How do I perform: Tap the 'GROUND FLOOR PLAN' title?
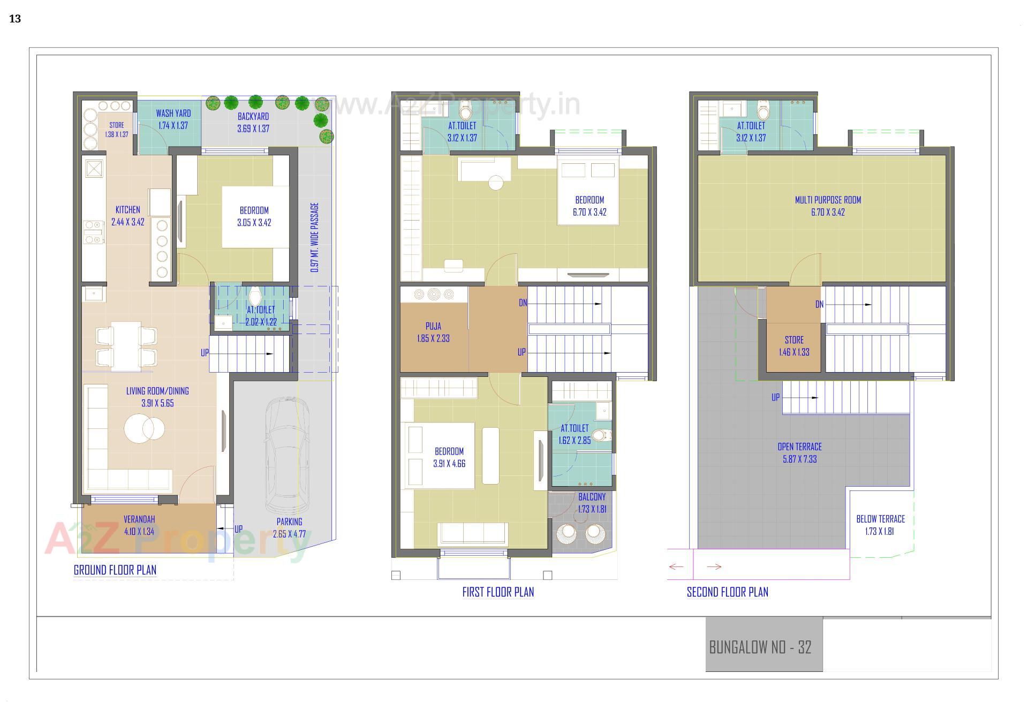coord(115,570)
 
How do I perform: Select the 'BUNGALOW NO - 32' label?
coord(760,647)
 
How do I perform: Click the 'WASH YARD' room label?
coord(173,114)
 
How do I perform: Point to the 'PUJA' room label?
coord(433,326)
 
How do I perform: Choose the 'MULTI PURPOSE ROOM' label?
coord(828,200)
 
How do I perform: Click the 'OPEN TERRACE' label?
coord(799,447)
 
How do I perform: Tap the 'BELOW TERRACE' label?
coord(880,519)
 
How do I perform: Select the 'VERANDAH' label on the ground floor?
coord(139,519)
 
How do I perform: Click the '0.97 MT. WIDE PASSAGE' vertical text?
coord(315,237)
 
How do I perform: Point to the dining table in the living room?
coord(126,345)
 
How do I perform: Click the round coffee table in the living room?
coord(144,429)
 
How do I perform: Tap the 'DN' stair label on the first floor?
coord(523,303)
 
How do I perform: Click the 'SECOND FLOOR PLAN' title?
coord(727,592)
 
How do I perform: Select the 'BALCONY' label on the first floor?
coord(592,497)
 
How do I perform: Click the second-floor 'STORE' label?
coord(794,340)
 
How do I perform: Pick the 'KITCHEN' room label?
coord(128,210)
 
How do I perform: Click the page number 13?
coord(15,19)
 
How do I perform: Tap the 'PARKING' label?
coord(289,521)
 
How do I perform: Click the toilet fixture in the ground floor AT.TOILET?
coord(254,296)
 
